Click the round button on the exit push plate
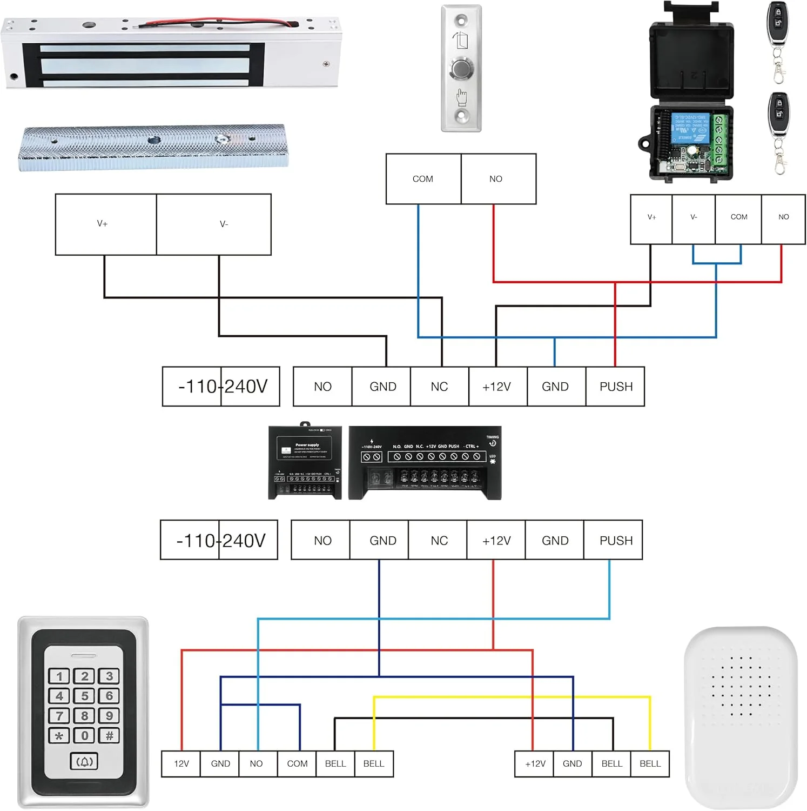pos(461,69)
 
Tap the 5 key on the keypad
pos(84,696)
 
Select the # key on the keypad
pos(109,735)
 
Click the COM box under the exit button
pos(423,179)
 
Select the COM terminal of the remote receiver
pos(738,217)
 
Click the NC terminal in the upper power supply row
pos(439,387)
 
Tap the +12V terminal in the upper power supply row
pos(497,387)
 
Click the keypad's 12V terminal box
pos(181,763)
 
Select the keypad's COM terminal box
pos(297,763)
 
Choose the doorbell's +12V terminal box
pos(534,763)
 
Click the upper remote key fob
pos(778,24)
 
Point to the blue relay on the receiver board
pos(689,128)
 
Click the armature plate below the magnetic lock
pos(153,147)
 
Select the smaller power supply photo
pos(305,462)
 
